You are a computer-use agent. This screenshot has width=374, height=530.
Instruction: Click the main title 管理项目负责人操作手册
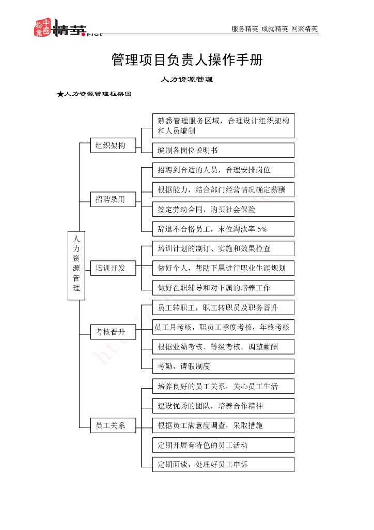tap(187, 60)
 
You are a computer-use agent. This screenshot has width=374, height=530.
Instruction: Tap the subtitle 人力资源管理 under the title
tap(187, 80)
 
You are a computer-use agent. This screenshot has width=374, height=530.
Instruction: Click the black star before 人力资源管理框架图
tap(60, 94)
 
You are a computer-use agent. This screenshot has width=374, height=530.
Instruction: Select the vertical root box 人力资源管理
tap(76, 265)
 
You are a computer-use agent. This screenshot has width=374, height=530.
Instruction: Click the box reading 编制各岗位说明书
tap(223, 150)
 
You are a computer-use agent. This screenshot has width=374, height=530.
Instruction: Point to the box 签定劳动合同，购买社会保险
tap(223, 209)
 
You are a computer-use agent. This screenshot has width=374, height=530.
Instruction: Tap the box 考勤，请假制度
tap(223, 366)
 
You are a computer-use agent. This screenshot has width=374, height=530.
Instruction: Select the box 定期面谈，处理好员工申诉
tap(223, 464)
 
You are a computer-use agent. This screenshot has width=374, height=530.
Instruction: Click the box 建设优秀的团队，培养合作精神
tap(223, 405)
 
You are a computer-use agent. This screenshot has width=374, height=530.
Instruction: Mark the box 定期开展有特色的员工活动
tap(223, 445)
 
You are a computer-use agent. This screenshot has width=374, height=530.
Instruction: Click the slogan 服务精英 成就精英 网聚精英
tap(274, 29)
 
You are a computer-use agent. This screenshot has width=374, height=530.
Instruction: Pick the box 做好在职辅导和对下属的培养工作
tap(223, 288)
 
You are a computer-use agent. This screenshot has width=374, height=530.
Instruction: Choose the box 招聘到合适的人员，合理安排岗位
tap(223, 170)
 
